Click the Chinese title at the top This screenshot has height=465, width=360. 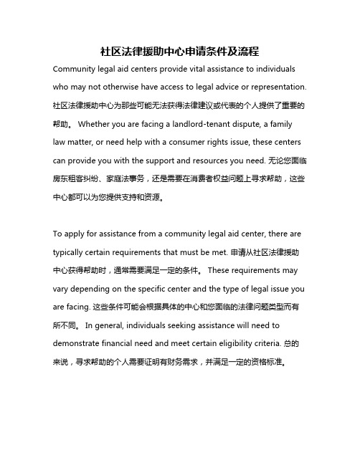pos(180,52)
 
